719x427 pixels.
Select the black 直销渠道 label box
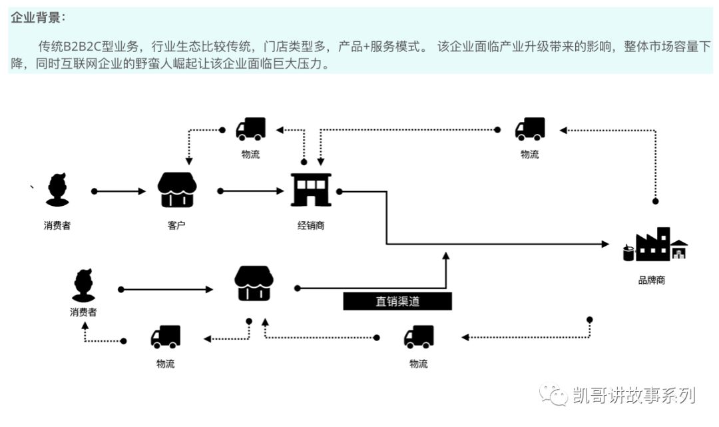click(x=397, y=301)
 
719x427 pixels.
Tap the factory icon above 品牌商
click(x=655, y=245)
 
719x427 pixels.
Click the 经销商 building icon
click(x=311, y=190)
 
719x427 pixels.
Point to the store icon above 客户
click(x=176, y=190)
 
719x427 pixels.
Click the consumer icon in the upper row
click(x=57, y=190)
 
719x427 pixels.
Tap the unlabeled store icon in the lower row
click(x=254, y=283)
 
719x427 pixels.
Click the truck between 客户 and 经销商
click(x=251, y=129)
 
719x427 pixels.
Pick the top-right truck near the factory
click(x=530, y=129)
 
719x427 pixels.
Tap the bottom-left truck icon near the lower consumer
click(x=166, y=337)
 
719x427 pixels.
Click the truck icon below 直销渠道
click(x=419, y=337)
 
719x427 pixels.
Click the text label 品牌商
click(x=651, y=280)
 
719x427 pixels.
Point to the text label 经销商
click(x=311, y=225)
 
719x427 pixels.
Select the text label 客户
click(x=176, y=225)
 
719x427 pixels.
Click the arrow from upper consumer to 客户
click(x=120, y=191)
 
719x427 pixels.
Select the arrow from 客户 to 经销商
click(x=252, y=191)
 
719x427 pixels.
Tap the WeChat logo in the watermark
click(x=553, y=395)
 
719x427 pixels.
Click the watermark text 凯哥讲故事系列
click(x=634, y=395)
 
